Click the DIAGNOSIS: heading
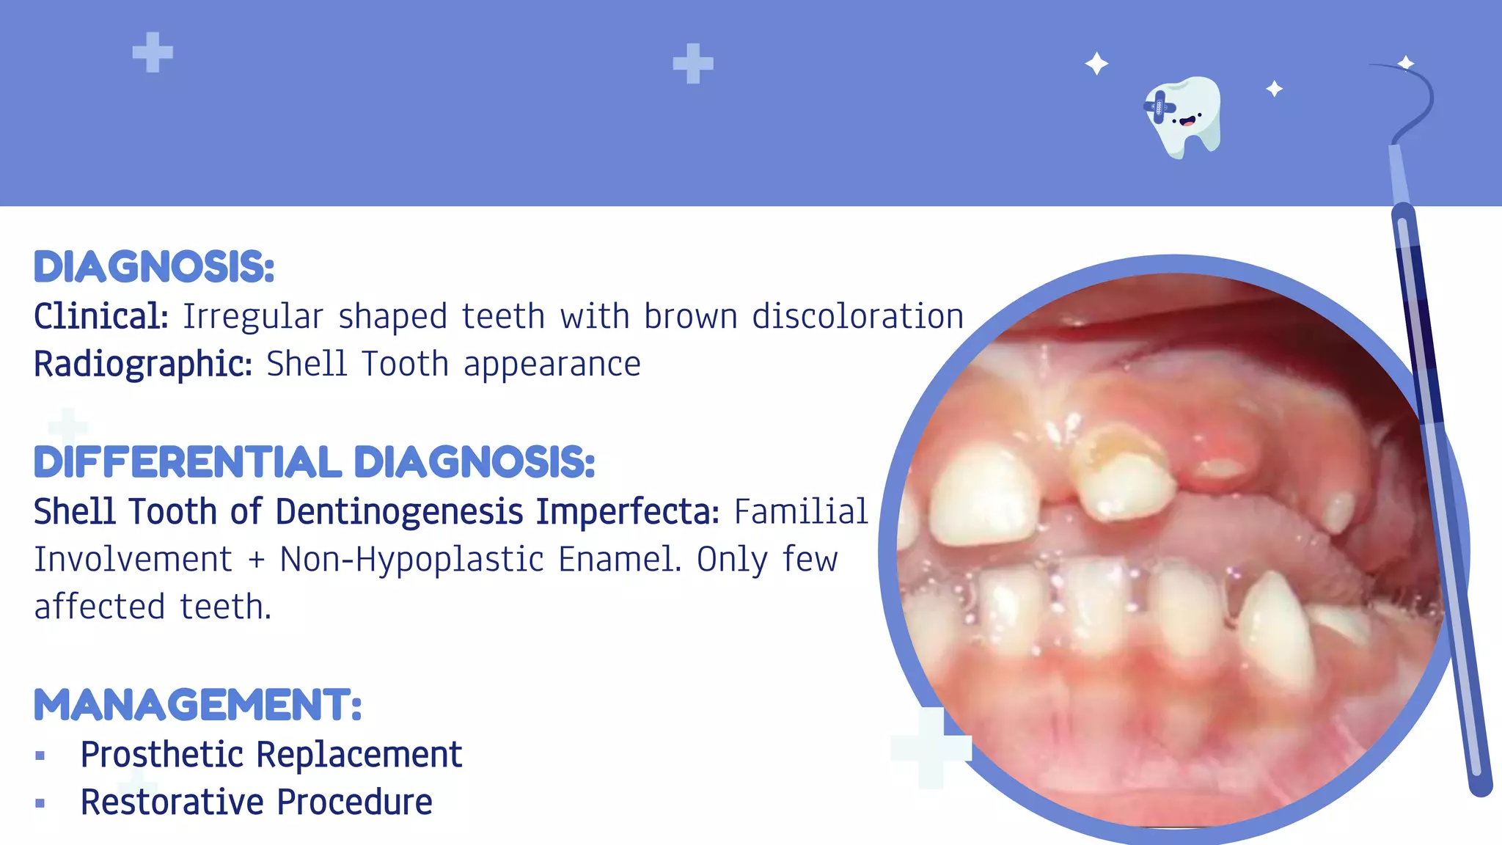[154, 267]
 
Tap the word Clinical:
[101, 317]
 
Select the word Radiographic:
[143, 365]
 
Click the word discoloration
[857, 317]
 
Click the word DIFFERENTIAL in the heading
[187, 463]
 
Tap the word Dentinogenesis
[399, 511]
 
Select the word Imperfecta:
[628, 511]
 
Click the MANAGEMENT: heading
[198, 705]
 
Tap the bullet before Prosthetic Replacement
[40, 756]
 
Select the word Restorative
[172, 802]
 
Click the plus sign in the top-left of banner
[153, 53]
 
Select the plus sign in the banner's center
[693, 64]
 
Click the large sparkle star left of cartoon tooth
[1096, 64]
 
